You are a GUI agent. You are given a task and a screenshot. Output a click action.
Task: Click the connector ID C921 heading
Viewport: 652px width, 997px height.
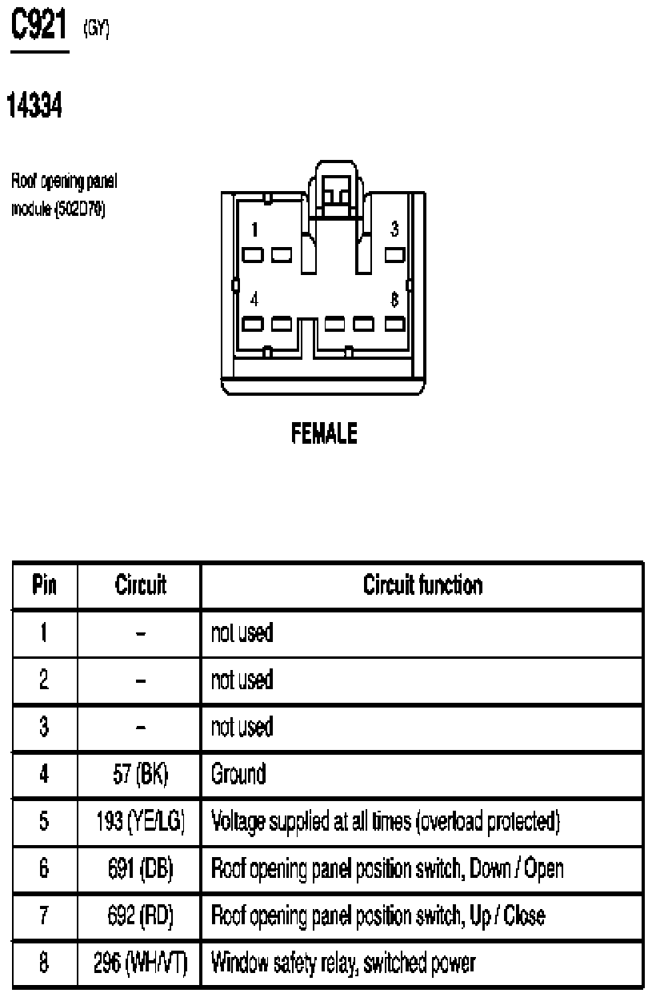(38, 26)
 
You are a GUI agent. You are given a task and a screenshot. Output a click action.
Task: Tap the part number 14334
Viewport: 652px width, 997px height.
(34, 105)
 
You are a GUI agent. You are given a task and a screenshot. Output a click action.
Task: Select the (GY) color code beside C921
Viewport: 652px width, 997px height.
(96, 29)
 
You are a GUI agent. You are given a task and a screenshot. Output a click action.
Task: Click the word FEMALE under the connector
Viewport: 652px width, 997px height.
(324, 433)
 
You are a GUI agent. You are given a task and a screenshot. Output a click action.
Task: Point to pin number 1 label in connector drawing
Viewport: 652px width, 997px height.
(254, 229)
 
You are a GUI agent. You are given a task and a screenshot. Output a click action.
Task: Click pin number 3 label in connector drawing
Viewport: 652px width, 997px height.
(394, 229)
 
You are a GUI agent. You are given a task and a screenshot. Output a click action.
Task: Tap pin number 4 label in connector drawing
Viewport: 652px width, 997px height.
(254, 299)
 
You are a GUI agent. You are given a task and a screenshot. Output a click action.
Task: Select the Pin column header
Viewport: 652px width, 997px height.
(45, 584)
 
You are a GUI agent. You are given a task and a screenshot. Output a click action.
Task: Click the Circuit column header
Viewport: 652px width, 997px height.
(140, 584)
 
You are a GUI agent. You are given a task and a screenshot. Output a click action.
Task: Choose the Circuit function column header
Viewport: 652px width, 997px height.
(422, 584)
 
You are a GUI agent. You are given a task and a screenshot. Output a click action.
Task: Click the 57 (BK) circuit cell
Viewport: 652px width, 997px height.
(140, 774)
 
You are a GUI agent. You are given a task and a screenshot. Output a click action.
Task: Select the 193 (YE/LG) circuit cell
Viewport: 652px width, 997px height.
(140, 821)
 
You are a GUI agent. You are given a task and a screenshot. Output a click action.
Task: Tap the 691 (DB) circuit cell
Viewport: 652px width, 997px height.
(140, 868)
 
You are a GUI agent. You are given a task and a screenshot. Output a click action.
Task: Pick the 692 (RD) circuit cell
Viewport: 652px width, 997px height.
(140, 915)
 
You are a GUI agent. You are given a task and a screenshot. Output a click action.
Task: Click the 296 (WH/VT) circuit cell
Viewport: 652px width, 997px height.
(140, 963)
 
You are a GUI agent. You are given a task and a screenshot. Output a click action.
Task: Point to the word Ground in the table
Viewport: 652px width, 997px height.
(238, 774)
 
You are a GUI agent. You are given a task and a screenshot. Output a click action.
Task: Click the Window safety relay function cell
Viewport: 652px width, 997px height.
(343, 963)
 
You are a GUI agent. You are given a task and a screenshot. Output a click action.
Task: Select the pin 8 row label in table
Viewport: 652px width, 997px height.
(44, 963)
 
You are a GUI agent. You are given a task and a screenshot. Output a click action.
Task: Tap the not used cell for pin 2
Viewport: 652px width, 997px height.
(242, 680)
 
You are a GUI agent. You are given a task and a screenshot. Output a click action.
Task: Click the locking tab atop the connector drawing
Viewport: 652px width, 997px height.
(337, 189)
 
